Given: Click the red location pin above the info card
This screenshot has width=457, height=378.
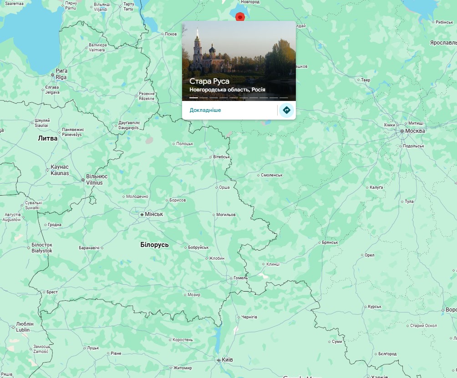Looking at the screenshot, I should click(240, 17).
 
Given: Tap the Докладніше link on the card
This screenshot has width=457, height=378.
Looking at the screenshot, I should click(205, 110).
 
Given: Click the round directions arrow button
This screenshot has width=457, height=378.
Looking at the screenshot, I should click(286, 110).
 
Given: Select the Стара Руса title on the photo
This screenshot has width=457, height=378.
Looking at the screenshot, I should click(209, 81).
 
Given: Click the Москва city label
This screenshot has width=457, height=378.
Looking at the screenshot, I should click(415, 131).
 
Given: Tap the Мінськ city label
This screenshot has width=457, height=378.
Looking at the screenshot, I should click(153, 214).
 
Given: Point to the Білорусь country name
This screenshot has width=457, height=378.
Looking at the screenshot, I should click(154, 245).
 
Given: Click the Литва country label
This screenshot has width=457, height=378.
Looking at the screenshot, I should click(48, 138).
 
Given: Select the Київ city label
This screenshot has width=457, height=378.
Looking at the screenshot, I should click(227, 360).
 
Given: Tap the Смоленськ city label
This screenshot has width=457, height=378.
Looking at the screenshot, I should click(272, 175).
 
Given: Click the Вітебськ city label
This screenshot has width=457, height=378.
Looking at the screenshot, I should click(222, 157).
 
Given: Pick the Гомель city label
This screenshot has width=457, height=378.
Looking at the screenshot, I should click(239, 278).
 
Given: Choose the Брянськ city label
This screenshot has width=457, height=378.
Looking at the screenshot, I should click(330, 242).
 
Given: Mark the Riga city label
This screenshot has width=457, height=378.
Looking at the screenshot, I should click(61, 78).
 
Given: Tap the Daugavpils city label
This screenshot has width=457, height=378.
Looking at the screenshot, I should click(128, 129).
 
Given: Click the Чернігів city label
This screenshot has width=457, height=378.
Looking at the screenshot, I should click(249, 317).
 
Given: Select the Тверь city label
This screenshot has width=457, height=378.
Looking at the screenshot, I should click(366, 80).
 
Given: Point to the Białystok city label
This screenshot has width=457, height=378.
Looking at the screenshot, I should click(42, 251).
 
